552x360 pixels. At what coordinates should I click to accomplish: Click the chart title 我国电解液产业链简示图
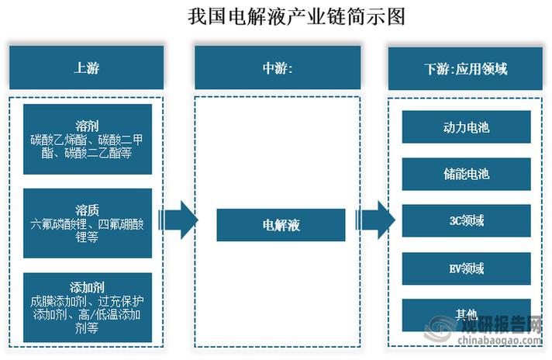[x=296, y=16]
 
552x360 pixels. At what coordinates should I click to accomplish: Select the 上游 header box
[x=86, y=67]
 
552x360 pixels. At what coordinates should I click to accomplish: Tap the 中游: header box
[x=278, y=67]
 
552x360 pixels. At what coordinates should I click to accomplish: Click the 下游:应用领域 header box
[x=465, y=69]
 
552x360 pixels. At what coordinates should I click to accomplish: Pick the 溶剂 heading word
[x=87, y=126]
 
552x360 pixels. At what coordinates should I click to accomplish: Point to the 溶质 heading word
[x=87, y=210]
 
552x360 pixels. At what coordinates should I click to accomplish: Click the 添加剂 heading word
[x=87, y=287]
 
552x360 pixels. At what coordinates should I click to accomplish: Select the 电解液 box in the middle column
[x=281, y=225]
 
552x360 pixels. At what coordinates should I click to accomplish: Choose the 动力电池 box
[x=466, y=127]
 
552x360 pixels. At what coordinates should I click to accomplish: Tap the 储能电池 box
[x=466, y=174]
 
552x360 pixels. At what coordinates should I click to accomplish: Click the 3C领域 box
[x=466, y=221]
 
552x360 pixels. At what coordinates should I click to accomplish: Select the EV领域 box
[x=466, y=268]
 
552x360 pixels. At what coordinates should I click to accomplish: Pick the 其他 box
[x=466, y=315]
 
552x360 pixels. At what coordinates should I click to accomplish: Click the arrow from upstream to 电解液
[x=178, y=220]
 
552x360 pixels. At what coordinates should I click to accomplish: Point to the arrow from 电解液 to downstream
[x=375, y=220]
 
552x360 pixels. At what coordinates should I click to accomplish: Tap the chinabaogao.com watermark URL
[x=499, y=340]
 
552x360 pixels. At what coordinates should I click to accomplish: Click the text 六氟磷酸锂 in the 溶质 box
[x=58, y=224]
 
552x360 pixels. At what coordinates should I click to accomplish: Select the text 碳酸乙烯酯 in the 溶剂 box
[x=58, y=140]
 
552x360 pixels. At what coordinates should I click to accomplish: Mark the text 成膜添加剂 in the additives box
[x=58, y=301]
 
